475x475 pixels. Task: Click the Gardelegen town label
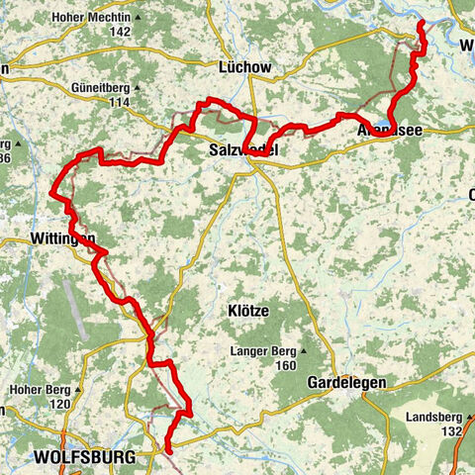[319, 382]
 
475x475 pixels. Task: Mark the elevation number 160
[287, 366]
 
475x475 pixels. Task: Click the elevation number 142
[120, 33]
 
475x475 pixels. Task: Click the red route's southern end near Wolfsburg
[167, 450]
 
